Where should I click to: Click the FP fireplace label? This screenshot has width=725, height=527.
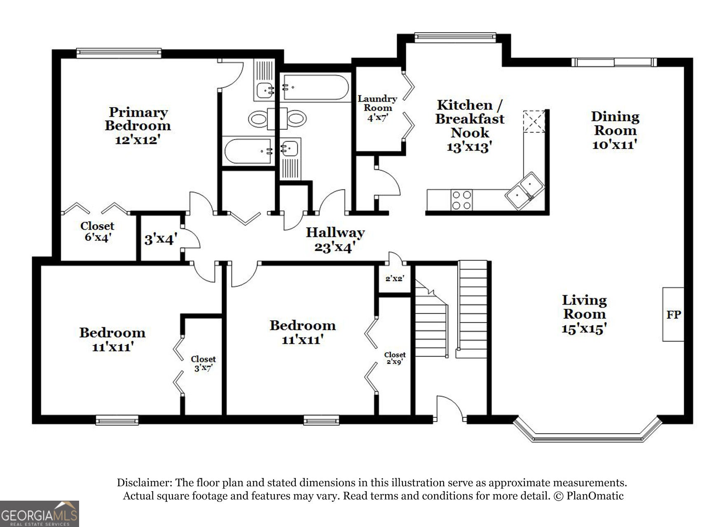click(674, 315)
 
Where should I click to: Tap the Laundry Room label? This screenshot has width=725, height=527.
click(377, 103)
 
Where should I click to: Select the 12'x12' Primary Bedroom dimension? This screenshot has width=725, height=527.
click(138, 140)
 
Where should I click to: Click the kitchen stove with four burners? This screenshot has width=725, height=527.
click(461, 200)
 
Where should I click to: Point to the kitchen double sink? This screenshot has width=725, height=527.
click(525, 191)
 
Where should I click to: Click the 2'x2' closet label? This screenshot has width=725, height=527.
click(395, 278)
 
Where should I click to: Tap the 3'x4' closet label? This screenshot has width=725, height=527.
click(161, 239)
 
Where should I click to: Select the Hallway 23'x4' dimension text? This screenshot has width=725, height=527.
click(335, 247)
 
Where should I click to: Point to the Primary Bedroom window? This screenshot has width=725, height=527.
click(119, 52)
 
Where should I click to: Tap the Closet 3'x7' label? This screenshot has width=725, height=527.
click(203, 364)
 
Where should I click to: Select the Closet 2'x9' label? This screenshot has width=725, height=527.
click(395, 358)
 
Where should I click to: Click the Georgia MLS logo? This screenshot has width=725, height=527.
click(39, 513)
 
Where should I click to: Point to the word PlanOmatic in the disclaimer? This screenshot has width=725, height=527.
click(595, 496)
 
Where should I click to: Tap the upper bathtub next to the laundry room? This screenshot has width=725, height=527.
click(314, 87)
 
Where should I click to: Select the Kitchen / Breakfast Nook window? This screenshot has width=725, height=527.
click(455, 37)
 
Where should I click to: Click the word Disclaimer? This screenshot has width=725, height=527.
click(144, 483)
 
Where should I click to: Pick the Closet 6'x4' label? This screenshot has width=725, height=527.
click(97, 232)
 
